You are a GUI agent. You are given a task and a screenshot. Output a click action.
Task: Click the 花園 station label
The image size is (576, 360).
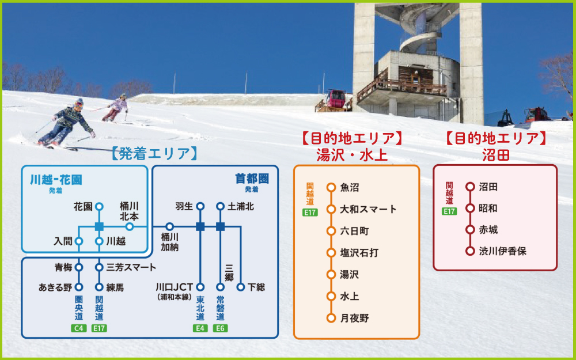[x=84, y=206]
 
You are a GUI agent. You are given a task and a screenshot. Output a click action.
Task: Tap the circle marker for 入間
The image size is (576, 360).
[x=79, y=241]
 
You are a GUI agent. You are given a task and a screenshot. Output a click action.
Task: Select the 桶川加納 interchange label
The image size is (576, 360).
[x=169, y=242]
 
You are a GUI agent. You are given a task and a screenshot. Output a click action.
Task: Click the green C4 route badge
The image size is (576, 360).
[x=79, y=328]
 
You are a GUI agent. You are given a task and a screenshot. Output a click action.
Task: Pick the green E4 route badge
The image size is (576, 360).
[x=200, y=328]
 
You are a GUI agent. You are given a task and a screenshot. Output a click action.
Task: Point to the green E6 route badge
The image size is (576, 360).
[x=220, y=328]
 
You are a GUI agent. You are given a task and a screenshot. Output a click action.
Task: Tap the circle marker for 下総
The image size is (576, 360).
[x=240, y=287]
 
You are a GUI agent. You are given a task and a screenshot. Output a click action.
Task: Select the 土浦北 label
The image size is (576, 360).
[x=241, y=206]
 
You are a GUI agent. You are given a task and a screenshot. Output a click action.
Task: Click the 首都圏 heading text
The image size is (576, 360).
[x=252, y=179]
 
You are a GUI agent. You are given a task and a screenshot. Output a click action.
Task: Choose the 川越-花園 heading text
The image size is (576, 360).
[x=56, y=180]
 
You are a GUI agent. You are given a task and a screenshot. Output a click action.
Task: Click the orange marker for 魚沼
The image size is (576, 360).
[x=331, y=187]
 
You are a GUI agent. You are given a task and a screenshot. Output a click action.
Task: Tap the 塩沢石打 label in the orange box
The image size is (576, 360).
[x=359, y=253]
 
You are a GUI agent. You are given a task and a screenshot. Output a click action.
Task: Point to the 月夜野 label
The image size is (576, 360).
[x=354, y=318]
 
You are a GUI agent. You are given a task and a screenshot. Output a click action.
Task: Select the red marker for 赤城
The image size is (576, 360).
[x=469, y=230]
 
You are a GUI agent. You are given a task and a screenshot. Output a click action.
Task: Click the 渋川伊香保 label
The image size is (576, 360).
[x=502, y=251]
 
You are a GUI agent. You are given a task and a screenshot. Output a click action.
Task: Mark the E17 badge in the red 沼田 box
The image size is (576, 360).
[x=449, y=211]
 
